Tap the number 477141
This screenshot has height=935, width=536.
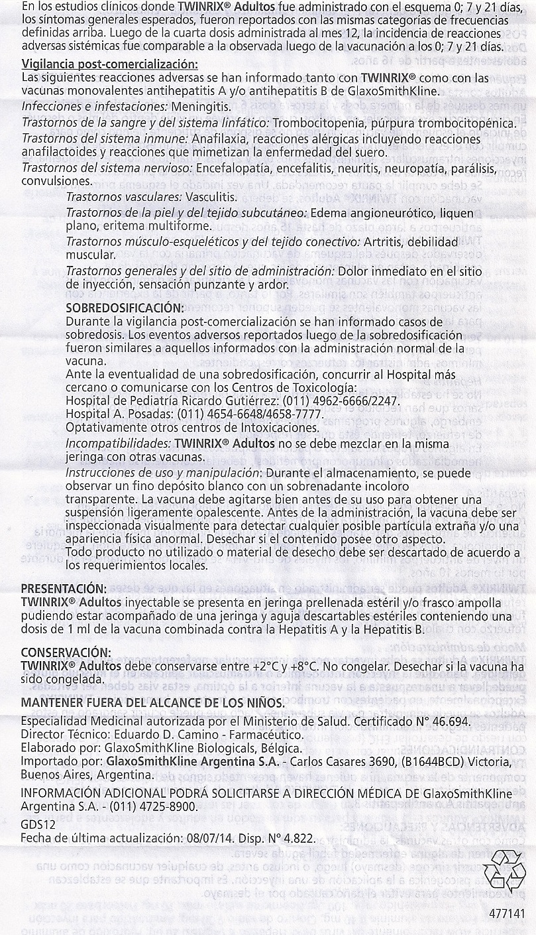coord(508,913)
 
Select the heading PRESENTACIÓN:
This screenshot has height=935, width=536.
coord(64,588)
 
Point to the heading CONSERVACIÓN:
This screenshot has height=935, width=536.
coord(66,651)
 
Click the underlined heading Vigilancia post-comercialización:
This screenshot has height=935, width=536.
coord(109,64)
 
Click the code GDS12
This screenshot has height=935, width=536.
coord(37,824)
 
